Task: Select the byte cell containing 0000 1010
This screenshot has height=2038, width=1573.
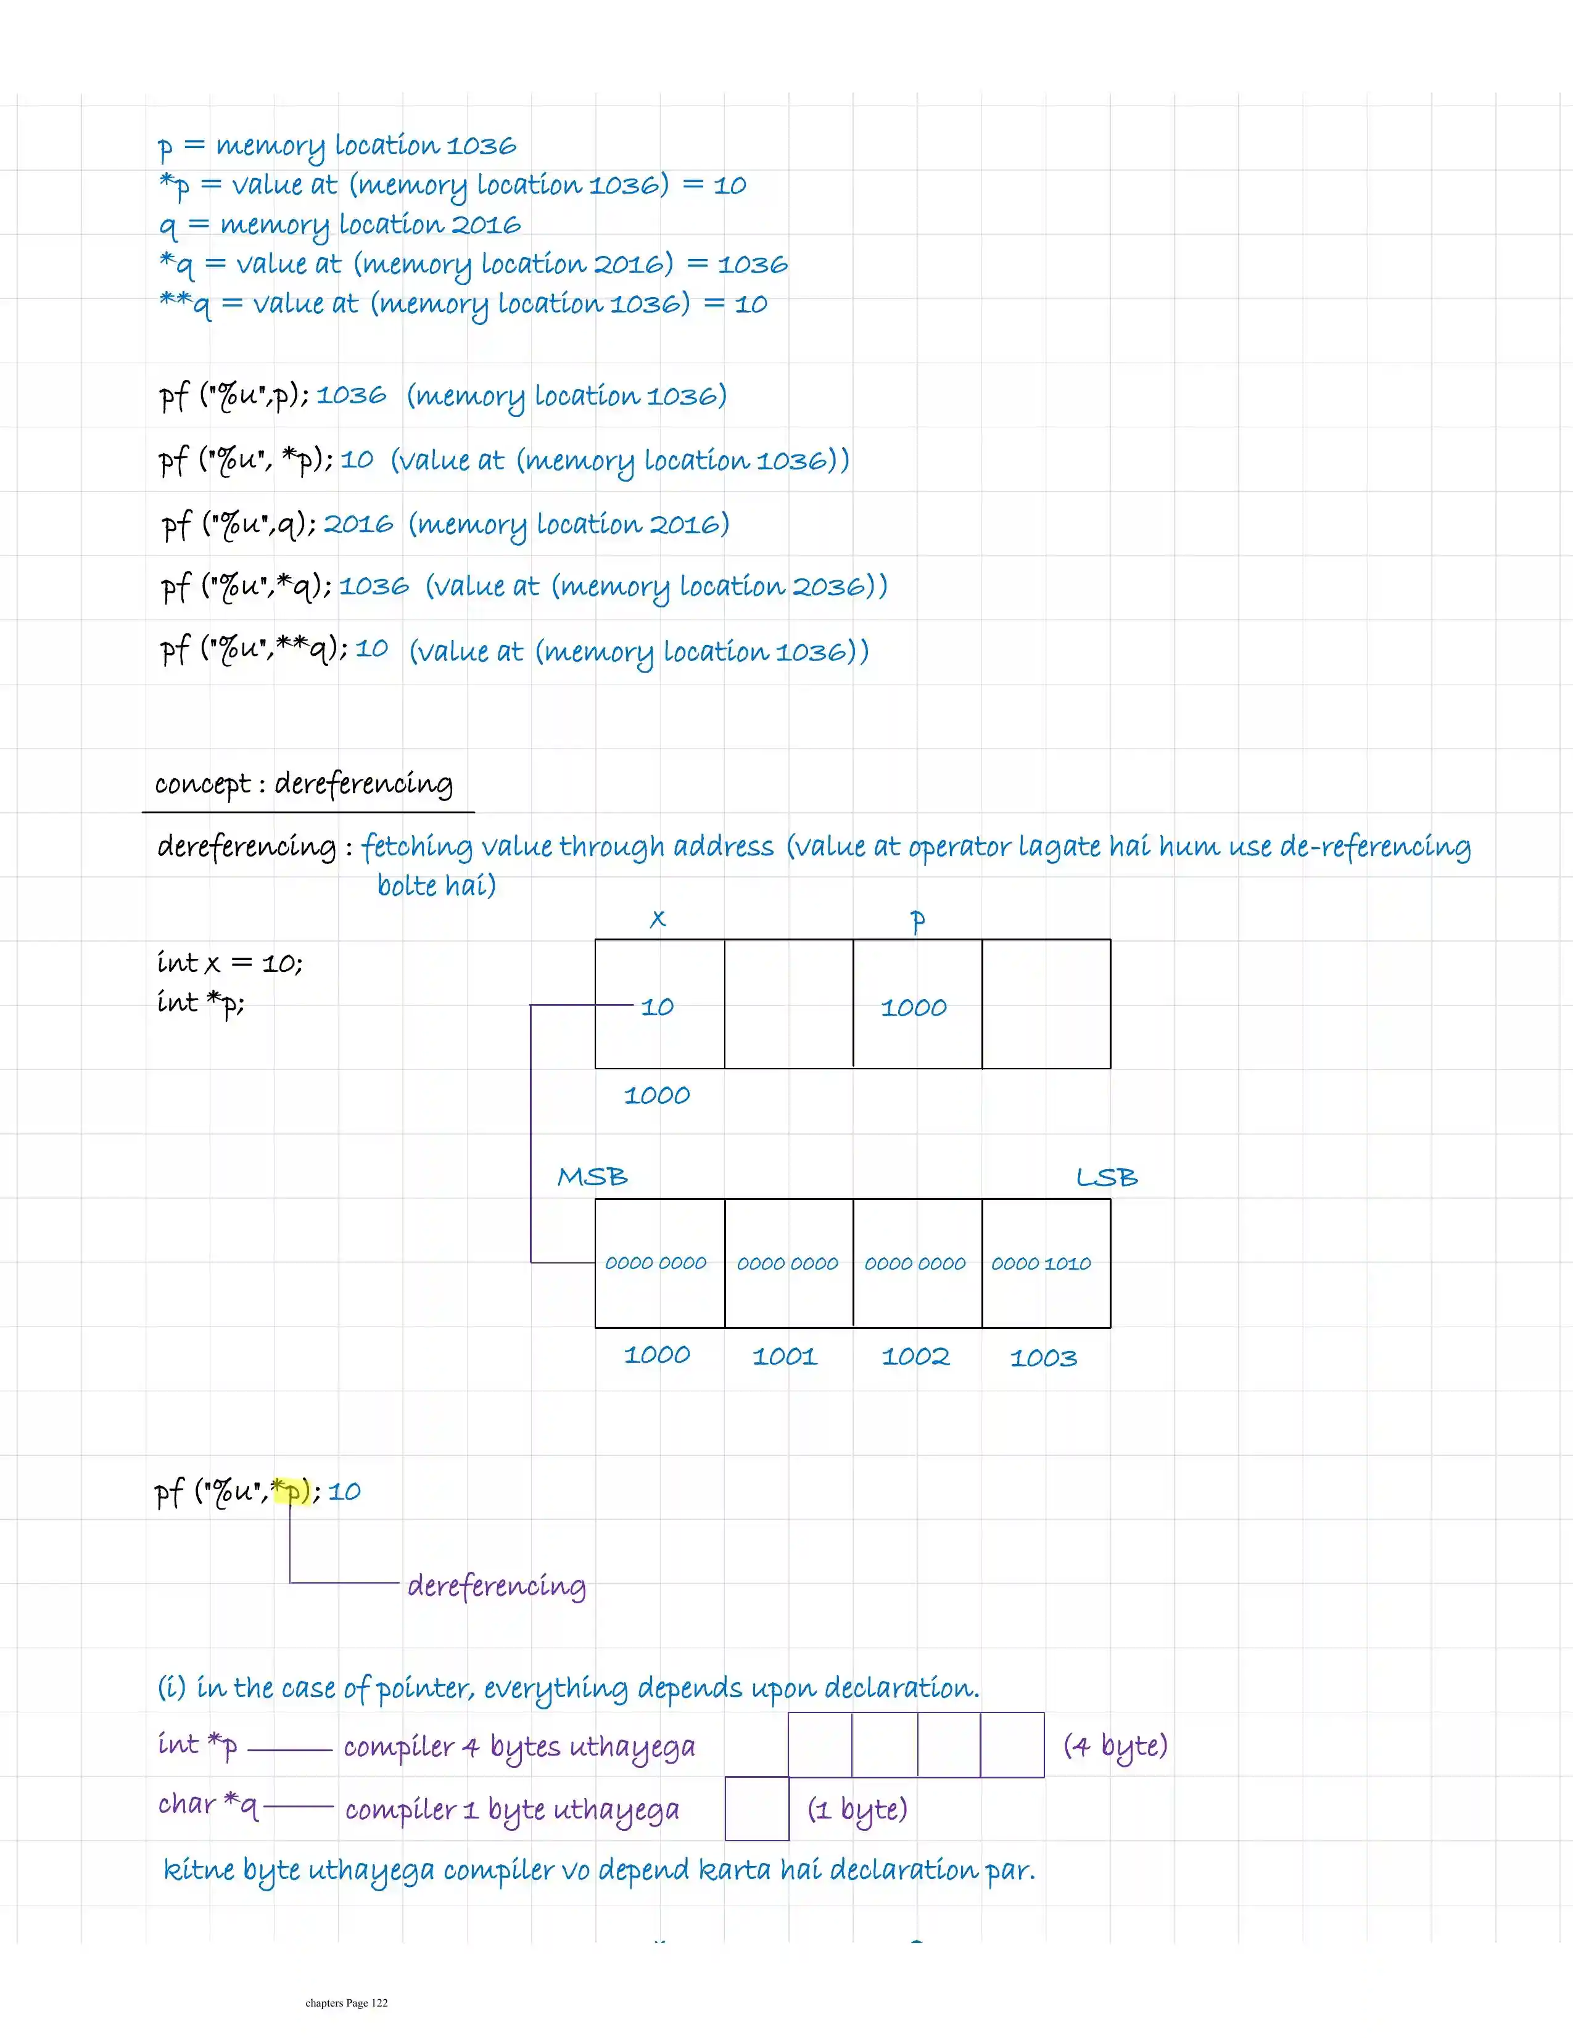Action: [x=1046, y=1262]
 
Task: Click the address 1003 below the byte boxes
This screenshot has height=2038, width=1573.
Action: [x=1042, y=1358]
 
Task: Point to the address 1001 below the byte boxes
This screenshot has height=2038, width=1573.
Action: [x=784, y=1356]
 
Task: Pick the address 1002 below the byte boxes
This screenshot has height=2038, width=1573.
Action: [x=915, y=1356]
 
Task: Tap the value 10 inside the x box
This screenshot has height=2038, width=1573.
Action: [x=657, y=1006]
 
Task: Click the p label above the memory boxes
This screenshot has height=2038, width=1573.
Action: [x=918, y=921]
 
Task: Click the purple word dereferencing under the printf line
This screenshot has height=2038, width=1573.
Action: [x=497, y=1585]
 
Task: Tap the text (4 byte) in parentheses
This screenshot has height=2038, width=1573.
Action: [x=1115, y=1745]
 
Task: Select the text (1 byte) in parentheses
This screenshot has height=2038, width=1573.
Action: [x=857, y=1809]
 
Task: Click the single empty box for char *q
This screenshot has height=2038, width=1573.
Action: [x=757, y=1809]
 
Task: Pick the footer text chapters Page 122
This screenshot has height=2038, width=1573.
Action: [x=346, y=2002]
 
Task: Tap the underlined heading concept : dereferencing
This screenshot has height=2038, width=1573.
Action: [x=304, y=784]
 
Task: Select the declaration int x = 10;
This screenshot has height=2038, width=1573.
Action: [x=229, y=962]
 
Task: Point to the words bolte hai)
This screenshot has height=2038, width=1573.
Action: [x=436, y=885]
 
